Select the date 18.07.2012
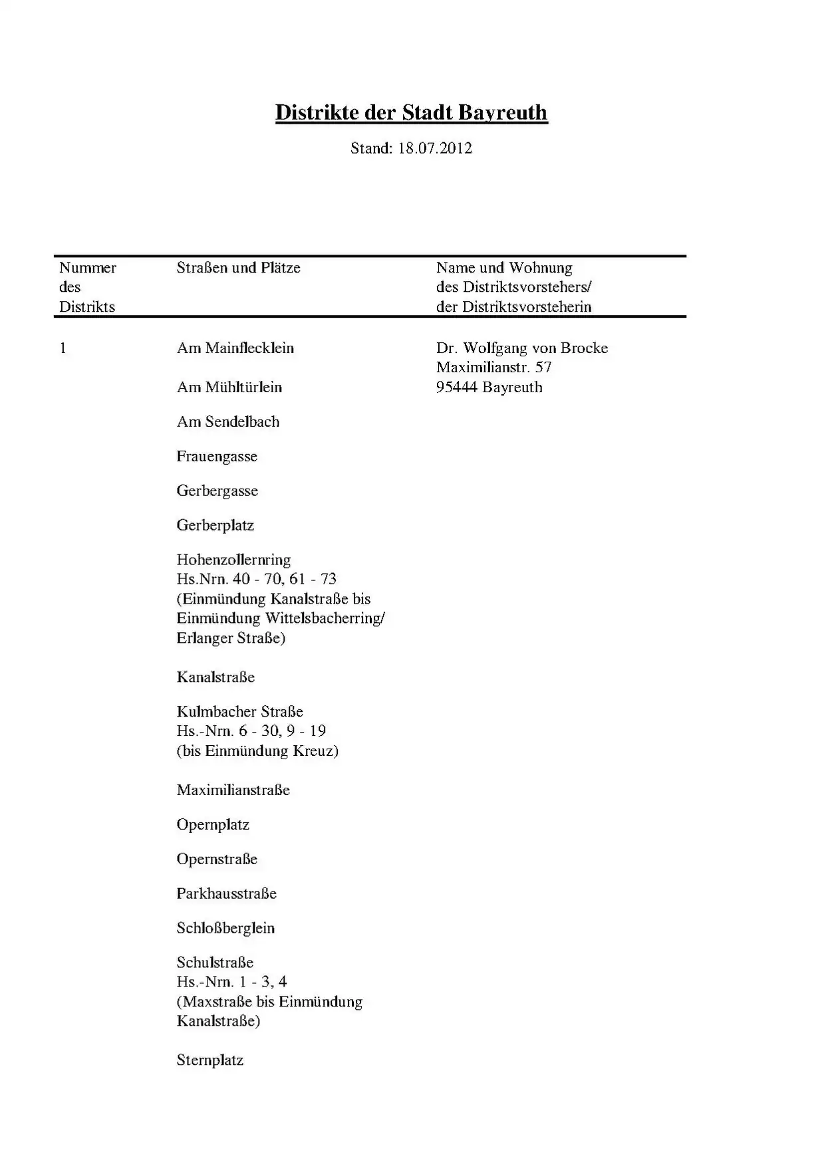click(435, 148)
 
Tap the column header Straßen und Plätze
click(238, 268)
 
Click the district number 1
click(63, 348)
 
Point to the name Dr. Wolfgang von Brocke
click(522, 348)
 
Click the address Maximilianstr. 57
click(493, 368)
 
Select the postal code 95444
click(457, 388)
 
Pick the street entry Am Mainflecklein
click(235, 348)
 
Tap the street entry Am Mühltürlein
click(229, 388)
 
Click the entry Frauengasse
click(217, 457)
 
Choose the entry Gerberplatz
click(215, 526)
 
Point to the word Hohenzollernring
click(233, 560)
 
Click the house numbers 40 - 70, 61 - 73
click(285, 579)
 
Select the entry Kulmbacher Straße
click(239, 712)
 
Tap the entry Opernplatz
click(213, 825)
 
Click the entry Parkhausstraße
click(226, 894)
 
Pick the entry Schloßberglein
click(225, 929)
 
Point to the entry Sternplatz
click(209, 1060)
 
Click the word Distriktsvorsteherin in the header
click(527, 307)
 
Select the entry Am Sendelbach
click(227, 422)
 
